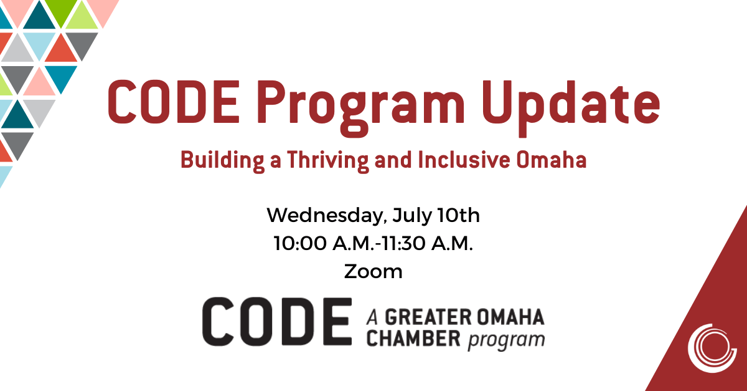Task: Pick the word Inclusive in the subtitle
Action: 464,160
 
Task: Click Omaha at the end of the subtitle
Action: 552,160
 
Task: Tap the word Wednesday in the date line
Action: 327,216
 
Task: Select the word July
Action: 412,216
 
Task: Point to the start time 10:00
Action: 300,243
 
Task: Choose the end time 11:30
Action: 403,243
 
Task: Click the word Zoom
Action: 373,271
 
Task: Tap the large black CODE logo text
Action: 277,322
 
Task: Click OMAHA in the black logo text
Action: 510,317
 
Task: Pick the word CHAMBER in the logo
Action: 413,339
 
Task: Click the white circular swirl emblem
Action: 712,348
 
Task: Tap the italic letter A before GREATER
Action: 372,317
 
